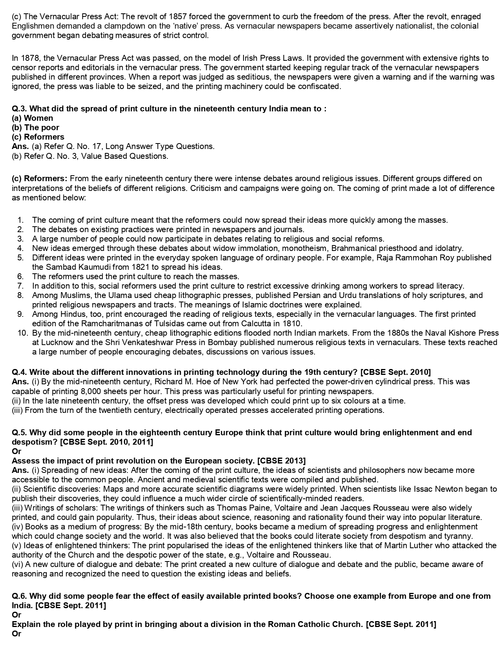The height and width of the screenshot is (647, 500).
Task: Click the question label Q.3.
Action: tap(20, 109)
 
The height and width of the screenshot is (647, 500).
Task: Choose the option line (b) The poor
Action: tap(36, 127)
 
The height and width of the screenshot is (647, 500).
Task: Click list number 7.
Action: tap(21, 286)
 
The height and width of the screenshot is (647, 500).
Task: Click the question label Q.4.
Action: tap(20, 372)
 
